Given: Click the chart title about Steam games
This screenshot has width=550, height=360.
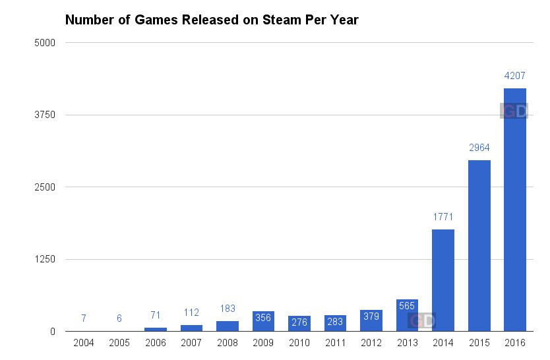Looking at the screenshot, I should point(211,20).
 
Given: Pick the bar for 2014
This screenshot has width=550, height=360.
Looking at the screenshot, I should point(443,280).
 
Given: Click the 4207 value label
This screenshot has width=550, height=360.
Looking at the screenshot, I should point(514,76).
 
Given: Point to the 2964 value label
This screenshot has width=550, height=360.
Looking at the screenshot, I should point(479,148).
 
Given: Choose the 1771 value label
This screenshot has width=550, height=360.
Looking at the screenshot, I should point(443,217).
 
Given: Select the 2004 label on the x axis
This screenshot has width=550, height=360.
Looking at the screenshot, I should point(84,344).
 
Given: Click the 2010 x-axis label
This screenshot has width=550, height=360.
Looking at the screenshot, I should point(299,344).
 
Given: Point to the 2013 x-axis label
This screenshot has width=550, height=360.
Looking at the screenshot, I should point(407,344).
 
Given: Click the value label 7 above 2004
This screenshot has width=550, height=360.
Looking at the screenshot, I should point(84,318).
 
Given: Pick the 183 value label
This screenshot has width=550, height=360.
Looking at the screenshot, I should point(228,309).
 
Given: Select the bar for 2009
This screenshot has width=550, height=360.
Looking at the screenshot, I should point(263,321).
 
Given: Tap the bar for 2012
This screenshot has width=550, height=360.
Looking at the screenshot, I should point(371,320).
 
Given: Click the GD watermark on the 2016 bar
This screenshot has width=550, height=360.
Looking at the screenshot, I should point(514,111).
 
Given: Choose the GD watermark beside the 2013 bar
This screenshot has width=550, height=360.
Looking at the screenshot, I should point(421,321).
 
